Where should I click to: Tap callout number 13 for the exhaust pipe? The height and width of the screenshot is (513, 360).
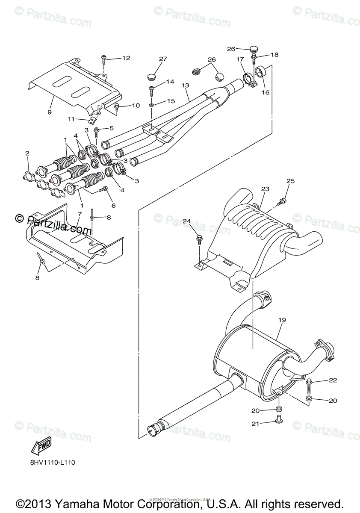click(185, 85)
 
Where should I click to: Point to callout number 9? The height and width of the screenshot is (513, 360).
click(50, 112)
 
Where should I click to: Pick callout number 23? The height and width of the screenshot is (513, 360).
click(265, 189)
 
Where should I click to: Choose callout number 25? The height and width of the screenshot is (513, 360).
click(290, 181)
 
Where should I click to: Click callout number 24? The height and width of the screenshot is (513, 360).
click(186, 221)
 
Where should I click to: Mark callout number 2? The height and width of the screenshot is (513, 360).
click(27, 153)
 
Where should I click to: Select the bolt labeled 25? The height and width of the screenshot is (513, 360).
click(282, 200)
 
